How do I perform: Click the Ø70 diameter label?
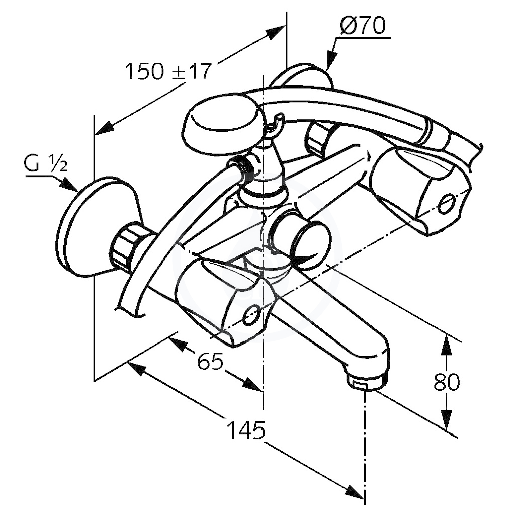(x=363, y=26)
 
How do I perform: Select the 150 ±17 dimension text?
(x=168, y=71)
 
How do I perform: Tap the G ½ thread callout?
(x=46, y=163)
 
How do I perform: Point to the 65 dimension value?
(x=210, y=361)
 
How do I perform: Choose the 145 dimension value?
(x=246, y=430)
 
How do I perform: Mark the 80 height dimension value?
(x=447, y=382)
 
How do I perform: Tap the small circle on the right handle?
(x=447, y=204)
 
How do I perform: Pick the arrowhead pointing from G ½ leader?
(x=69, y=185)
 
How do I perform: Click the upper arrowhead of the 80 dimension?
(x=446, y=345)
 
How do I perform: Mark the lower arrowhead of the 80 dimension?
(x=446, y=419)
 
